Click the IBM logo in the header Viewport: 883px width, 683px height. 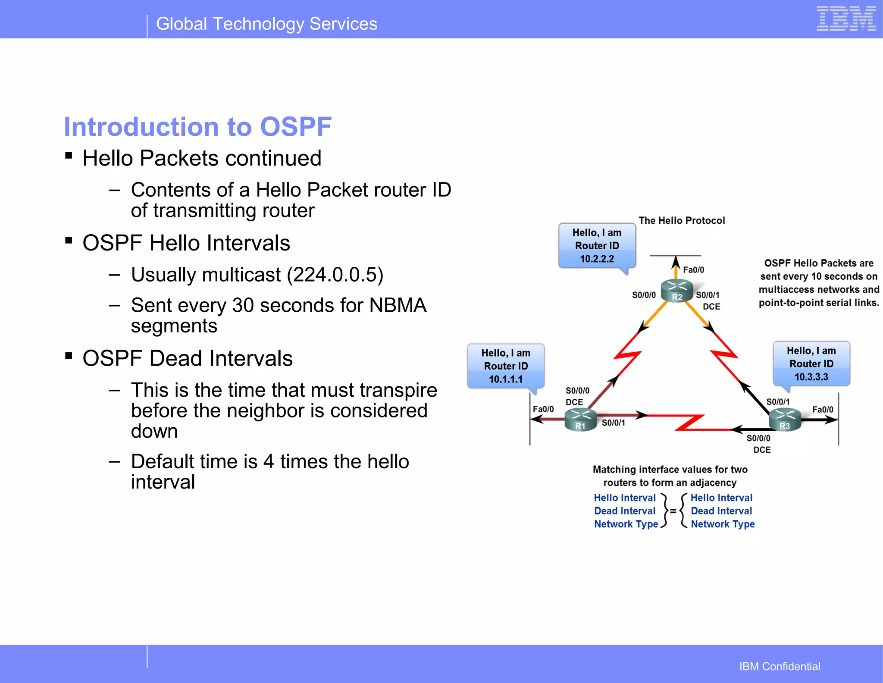846,19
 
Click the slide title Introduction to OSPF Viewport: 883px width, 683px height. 197,127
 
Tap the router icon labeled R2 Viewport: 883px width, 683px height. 676,291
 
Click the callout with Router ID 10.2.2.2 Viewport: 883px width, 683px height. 597,246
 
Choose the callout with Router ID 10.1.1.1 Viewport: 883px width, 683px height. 506,366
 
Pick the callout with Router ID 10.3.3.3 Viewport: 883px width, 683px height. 811,364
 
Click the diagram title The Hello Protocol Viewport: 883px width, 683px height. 682,221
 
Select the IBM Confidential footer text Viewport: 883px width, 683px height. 780,667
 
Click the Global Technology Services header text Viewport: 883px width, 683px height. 266,24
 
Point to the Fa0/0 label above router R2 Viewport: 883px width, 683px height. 693,270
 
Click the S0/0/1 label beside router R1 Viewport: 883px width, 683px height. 613,423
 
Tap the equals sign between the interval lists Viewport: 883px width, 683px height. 673,511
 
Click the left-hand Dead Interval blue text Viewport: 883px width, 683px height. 624,511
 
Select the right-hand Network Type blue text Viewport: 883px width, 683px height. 723,524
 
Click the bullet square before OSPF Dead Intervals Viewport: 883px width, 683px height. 69,356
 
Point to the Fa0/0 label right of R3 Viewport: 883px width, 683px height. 823,410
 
